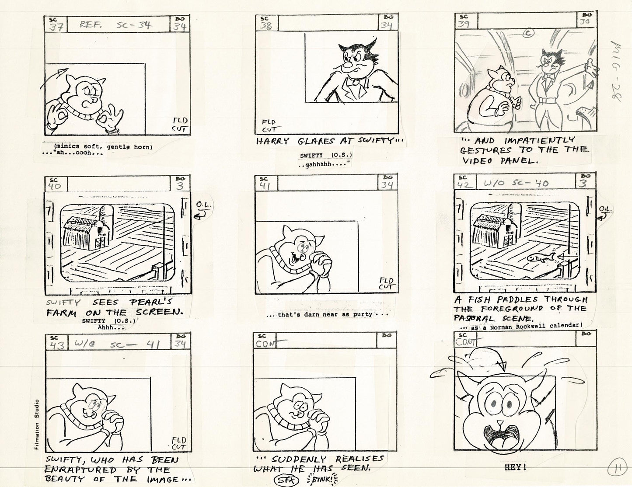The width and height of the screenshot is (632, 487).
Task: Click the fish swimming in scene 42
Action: coord(539,258)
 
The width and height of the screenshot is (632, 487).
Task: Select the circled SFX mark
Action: coord(285,480)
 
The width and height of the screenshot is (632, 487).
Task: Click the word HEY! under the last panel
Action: coord(515,467)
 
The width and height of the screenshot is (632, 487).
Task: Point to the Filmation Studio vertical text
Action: coord(37,424)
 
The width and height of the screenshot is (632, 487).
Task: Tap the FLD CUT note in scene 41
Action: coord(386,283)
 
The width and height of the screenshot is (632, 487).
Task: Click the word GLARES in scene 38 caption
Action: coord(311,141)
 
